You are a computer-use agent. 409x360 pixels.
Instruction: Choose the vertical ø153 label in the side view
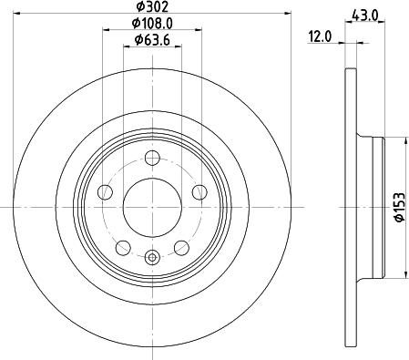tap(398, 208)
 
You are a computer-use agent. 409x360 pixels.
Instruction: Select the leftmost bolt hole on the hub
tap(104, 191)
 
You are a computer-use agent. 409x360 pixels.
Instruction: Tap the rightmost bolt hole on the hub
tap(199, 191)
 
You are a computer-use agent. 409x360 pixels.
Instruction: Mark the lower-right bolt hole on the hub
tap(181, 247)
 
